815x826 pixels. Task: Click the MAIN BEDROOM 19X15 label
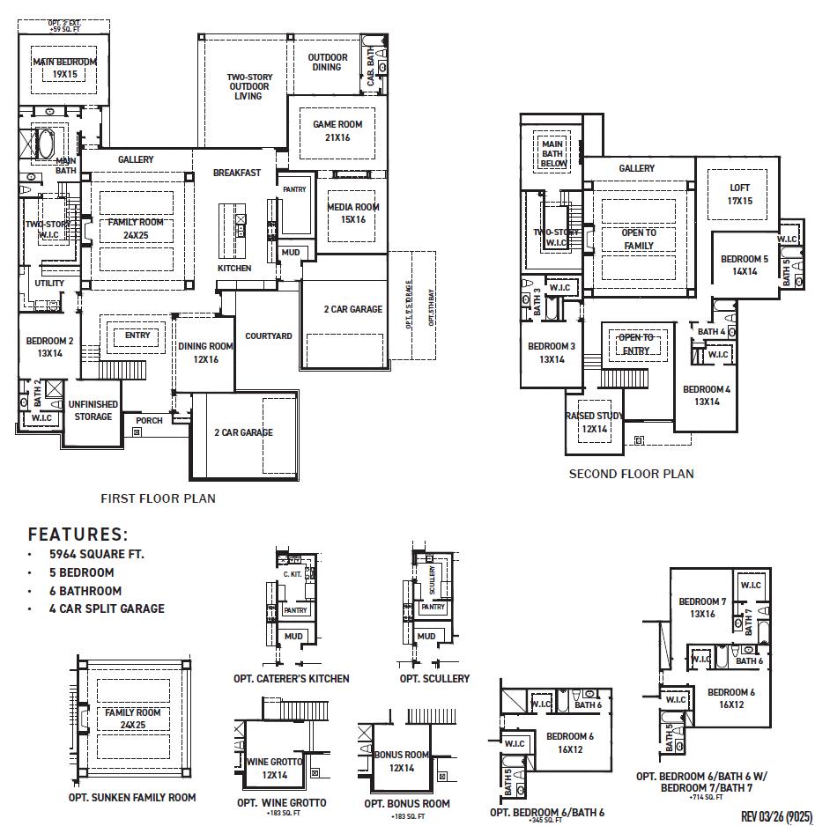tap(64, 68)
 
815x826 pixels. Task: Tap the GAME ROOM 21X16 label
tap(337, 130)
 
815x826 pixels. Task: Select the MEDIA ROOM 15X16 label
tap(353, 213)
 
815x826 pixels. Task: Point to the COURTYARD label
tap(268, 336)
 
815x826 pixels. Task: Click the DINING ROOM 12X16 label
tap(205, 352)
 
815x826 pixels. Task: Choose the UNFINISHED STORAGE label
tap(93, 410)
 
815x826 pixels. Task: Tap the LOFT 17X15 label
tap(739, 195)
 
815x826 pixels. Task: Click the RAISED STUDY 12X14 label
tap(594, 423)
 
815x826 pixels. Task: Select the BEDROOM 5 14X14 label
tap(745, 265)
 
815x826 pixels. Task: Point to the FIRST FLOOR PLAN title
tap(158, 498)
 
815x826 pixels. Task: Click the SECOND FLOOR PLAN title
tap(631, 474)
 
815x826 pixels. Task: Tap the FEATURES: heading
tap(78, 535)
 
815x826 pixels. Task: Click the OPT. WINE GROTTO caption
tap(282, 803)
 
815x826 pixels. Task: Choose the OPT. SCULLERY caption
tap(434, 679)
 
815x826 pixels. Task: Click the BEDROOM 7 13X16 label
tap(702, 608)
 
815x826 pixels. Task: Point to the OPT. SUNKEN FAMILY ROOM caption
tap(132, 798)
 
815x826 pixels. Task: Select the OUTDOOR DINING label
tap(327, 62)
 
